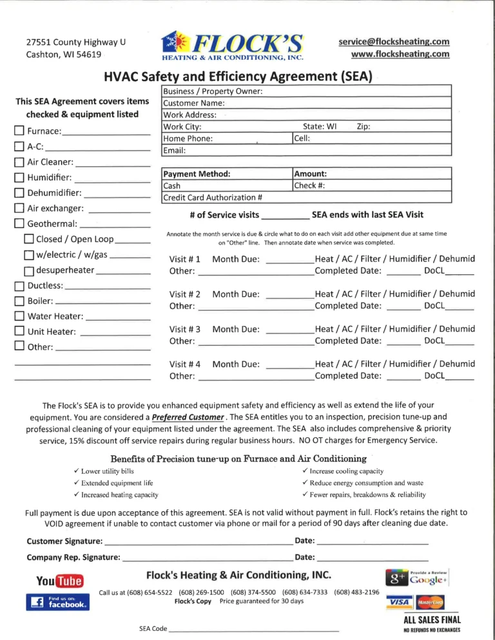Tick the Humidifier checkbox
(19, 178)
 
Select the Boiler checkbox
(19, 301)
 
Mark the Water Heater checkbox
(19, 317)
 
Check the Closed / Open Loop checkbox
(29, 240)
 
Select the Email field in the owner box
(309, 150)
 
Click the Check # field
(371, 186)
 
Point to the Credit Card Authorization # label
(213, 198)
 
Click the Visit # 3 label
(184, 329)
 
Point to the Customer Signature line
(197, 541)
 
